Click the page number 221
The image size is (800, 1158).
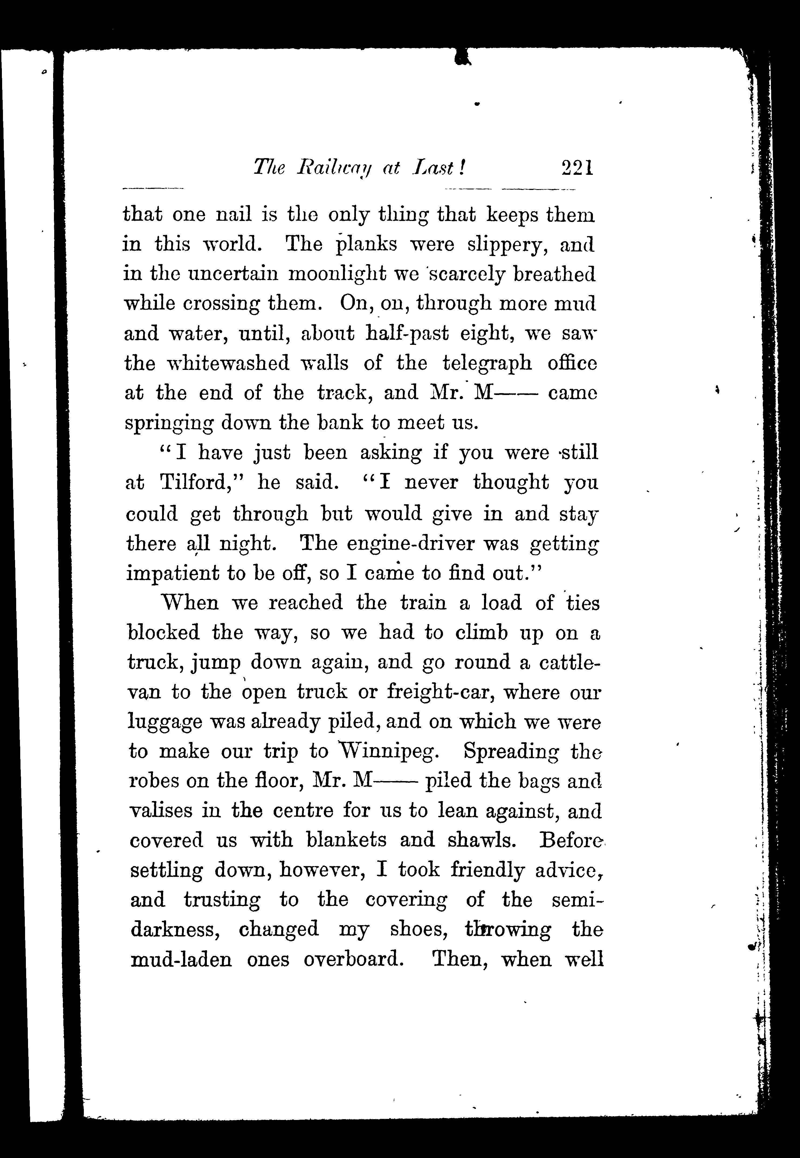(578, 167)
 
